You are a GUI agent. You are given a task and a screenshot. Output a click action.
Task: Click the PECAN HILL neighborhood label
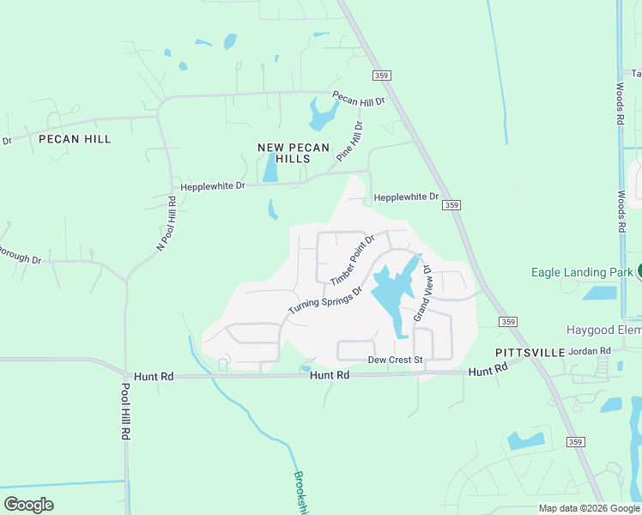click(75, 139)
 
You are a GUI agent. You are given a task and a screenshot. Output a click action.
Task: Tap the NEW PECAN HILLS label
click(294, 154)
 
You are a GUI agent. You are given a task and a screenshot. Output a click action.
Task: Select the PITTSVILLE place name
click(530, 353)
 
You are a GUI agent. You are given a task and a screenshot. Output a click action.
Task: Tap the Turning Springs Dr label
click(325, 299)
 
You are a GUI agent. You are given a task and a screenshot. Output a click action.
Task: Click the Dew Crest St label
click(396, 360)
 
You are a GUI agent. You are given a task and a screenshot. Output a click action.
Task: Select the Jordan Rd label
click(593, 350)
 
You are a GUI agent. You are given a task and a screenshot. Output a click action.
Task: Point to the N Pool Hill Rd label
click(167, 223)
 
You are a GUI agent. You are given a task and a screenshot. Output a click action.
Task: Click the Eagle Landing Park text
click(583, 272)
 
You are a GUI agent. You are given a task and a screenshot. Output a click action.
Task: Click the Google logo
click(28, 505)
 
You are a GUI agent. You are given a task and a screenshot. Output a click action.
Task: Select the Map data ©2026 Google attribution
click(589, 508)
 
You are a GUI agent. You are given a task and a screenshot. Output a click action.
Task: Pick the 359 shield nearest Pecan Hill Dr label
click(383, 76)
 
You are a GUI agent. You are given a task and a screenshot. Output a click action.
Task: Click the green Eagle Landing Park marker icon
click(639, 271)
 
